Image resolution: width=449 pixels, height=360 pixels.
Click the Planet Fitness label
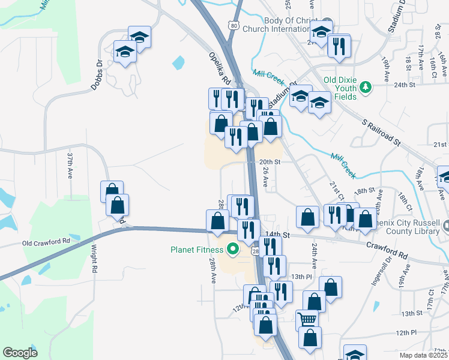point(196,250)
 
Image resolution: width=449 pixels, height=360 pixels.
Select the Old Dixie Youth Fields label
point(341,84)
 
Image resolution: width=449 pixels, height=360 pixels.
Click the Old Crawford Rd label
point(46,242)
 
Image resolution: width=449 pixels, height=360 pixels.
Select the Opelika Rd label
point(220,67)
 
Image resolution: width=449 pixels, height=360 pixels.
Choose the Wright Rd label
point(94,258)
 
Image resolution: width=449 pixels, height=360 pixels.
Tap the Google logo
point(20,353)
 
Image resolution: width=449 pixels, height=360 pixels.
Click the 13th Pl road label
point(298,276)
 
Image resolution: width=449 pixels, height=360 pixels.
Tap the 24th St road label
point(405,85)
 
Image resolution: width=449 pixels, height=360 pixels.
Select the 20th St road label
point(270,162)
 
